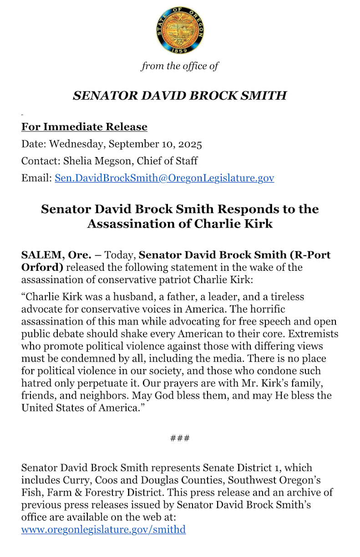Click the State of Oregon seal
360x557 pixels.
click(x=180, y=30)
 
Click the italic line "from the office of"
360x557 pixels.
click(x=180, y=66)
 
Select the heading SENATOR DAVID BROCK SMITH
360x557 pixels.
click(x=180, y=96)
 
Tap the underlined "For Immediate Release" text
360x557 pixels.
click(x=84, y=127)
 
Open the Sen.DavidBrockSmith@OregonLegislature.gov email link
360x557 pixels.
click(x=164, y=177)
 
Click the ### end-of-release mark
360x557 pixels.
click(x=180, y=438)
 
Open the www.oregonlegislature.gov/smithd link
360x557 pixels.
click(x=103, y=529)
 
